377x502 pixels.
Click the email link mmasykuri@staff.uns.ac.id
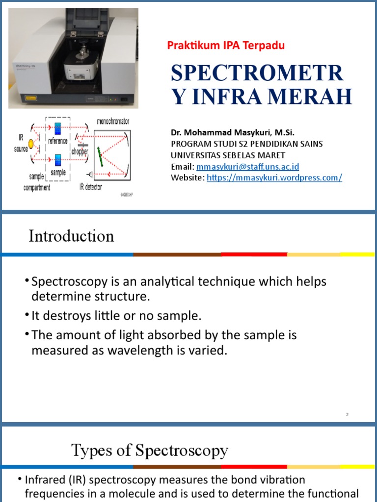(247, 167)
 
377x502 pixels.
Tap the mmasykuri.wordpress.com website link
(274, 177)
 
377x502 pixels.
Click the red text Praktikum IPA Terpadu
(226, 46)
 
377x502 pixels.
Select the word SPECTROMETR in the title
(257, 73)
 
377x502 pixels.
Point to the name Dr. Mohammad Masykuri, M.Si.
(233, 132)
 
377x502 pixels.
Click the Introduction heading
(71, 236)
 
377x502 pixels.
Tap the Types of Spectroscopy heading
(150, 450)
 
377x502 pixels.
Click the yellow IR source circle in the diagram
(31, 144)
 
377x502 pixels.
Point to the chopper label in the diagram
(80, 151)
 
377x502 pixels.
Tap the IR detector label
(90, 187)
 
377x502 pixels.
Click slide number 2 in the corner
(347, 415)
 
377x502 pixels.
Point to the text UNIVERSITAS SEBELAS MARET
(228, 155)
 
